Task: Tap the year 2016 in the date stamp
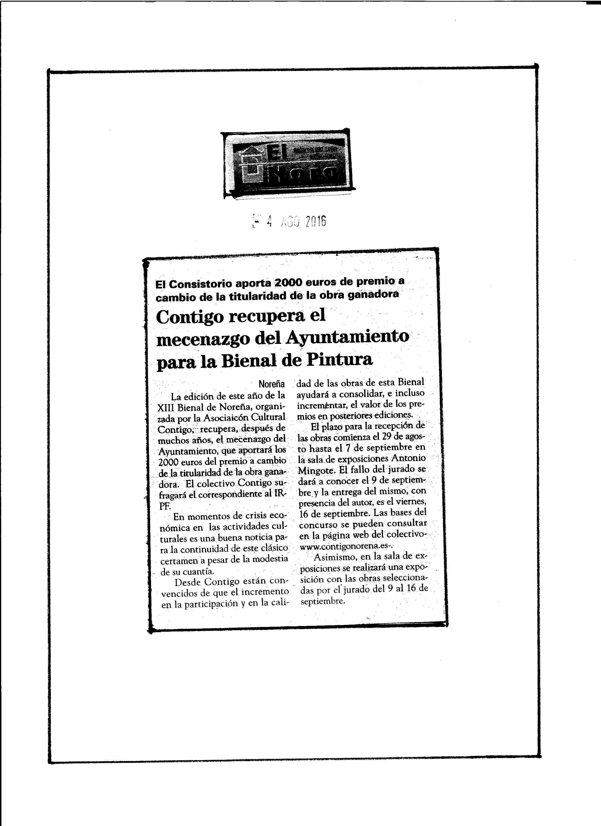click(316, 221)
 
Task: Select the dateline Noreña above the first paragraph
click(272, 384)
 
